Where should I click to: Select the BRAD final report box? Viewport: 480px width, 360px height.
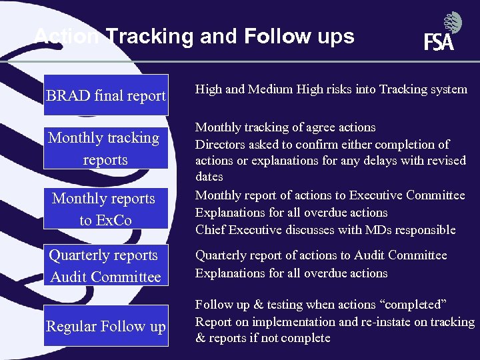(106, 95)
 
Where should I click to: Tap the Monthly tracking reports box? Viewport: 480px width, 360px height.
(105, 148)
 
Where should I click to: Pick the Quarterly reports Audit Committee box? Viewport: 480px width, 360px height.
(105, 265)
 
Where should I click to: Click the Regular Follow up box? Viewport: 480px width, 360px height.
(106, 326)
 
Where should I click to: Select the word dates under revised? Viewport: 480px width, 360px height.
(209, 177)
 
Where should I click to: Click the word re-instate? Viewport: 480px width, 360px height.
(379, 321)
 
